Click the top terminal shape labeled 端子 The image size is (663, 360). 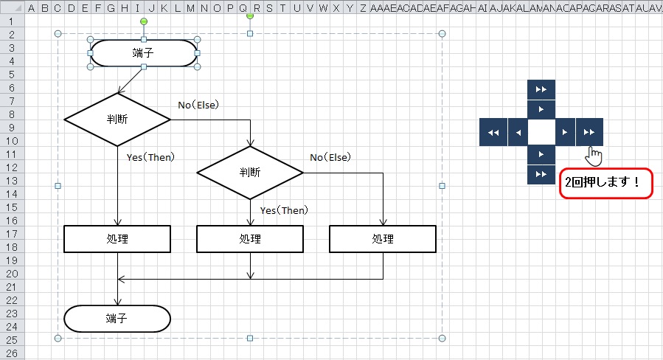click(x=144, y=52)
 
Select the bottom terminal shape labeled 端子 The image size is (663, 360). click(x=117, y=319)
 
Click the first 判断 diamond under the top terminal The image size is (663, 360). click(x=117, y=120)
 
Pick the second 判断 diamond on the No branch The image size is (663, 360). click(x=250, y=173)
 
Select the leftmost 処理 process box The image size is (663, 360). click(x=117, y=239)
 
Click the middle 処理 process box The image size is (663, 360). click(x=250, y=239)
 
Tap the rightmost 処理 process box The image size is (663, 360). click(x=383, y=239)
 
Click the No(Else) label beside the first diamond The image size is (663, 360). click(x=198, y=105)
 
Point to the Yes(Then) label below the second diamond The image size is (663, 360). click(x=284, y=210)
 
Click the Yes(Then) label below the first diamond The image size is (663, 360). click(x=150, y=157)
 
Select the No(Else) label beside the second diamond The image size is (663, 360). click(x=330, y=157)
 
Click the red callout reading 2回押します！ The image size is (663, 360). click(x=606, y=182)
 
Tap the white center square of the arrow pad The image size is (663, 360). click(x=541, y=132)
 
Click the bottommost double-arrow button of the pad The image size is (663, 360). click(x=541, y=175)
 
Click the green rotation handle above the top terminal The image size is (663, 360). click(x=144, y=21)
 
